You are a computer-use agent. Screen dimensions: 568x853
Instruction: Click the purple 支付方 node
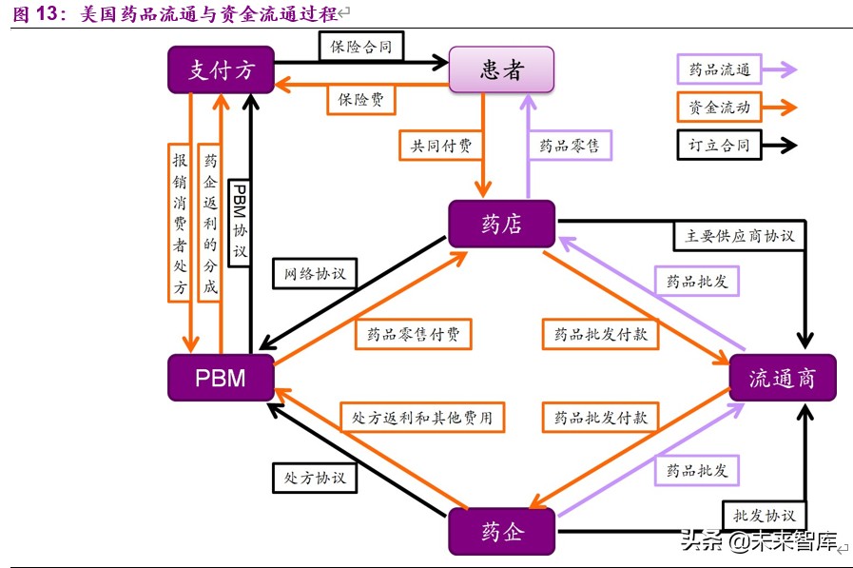click(221, 70)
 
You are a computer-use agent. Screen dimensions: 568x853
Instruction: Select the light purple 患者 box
click(500, 70)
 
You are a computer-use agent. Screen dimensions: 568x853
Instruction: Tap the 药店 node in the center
click(501, 225)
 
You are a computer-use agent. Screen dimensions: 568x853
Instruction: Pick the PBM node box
click(221, 378)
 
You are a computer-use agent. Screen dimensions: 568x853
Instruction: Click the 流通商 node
click(782, 378)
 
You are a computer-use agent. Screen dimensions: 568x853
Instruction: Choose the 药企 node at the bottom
click(501, 531)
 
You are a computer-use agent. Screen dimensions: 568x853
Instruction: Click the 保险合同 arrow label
click(360, 45)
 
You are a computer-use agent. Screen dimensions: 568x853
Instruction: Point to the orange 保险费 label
click(360, 99)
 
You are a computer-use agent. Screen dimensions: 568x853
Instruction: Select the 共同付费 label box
click(440, 146)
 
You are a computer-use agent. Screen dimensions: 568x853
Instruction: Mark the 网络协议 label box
click(315, 274)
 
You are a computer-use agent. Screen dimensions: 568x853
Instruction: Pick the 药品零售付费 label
click(413, 334)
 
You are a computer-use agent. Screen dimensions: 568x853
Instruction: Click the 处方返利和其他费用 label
click(422, 417)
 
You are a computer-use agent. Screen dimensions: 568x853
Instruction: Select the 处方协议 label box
click(315, 477)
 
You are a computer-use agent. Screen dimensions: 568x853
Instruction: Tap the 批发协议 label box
click(764, 515)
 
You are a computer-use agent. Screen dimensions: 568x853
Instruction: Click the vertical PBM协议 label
click(240, 221)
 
